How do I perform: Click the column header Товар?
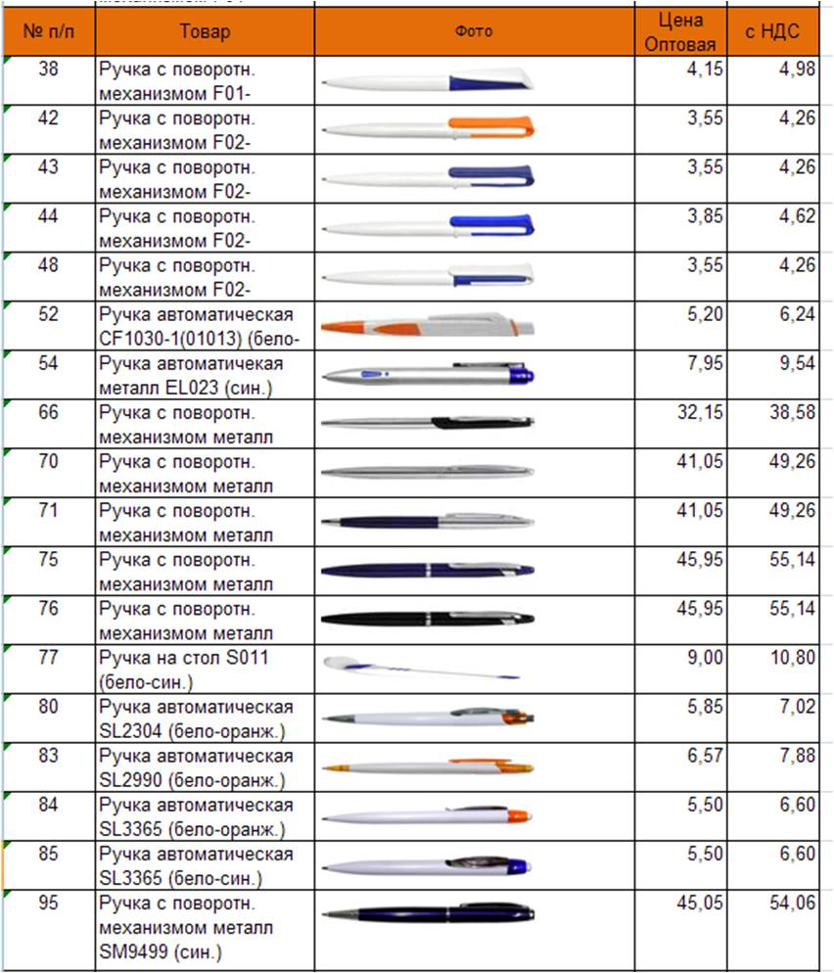point(205,31)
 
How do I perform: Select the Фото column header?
point(474,31)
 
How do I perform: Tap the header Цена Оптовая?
point(680,31)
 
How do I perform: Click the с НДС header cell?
point(772,31)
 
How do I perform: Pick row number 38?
point(48,68)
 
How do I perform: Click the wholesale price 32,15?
point(700,412)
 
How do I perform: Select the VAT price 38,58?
point(793,412)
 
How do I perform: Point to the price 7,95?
point(705,363)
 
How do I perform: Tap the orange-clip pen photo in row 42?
point(428,126)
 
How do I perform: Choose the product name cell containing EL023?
point(191,376)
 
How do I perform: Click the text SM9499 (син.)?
point(161,951)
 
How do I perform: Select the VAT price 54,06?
point(793,903)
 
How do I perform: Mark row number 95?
point(48,902)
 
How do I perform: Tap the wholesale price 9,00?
point(705,657)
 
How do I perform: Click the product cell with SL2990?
point(196,767)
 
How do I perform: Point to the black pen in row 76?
point(428,618)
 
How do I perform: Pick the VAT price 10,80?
point(793,657)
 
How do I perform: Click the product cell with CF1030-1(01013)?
point(199,326)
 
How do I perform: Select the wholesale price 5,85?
point(705,706)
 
